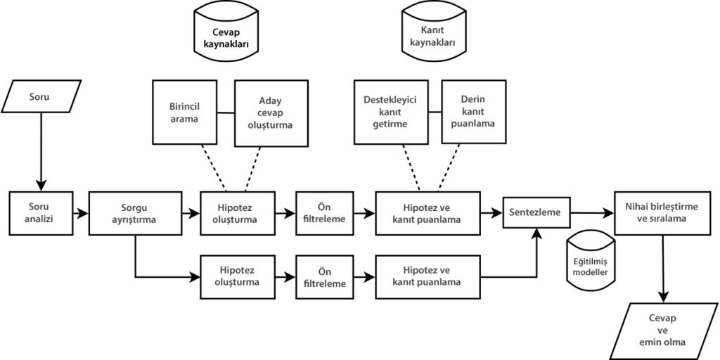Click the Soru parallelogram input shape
pos(41,96)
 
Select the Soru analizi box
pos(41,214)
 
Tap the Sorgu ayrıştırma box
pos(136,214)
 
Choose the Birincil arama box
pos(185,112)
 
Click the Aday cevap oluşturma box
pos(271,113)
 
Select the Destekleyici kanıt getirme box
pos(391,112)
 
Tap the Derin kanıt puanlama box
pos(474,112)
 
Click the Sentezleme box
pos(536,212)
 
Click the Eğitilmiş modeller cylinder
pos(591,261)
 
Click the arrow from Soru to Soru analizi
pos(41,152)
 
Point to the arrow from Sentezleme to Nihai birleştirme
pos(592,213)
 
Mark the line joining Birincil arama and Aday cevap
pos(226,112)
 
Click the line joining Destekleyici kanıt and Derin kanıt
pos(435,112)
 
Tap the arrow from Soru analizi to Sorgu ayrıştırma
pos(80,214)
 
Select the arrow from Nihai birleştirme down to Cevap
pos(663,269)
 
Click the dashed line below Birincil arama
pos(214,168)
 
